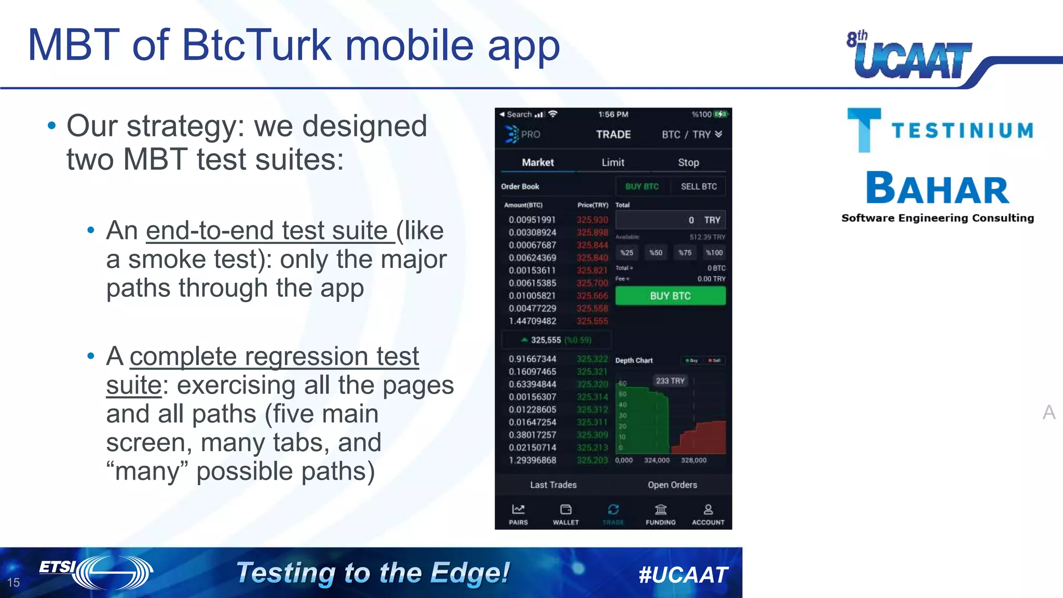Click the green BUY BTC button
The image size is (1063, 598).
click(670, 296)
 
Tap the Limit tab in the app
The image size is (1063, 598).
click(613, 162)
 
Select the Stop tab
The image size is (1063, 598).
click(688, 162)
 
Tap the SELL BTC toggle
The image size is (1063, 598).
click(699, 186)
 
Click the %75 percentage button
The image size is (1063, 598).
click(685, 253)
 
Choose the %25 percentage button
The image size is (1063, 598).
click(627, 253)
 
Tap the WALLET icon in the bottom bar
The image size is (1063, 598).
click(566, 514)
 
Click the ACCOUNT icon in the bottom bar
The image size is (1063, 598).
click(708, 514)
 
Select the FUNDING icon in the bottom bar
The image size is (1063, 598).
click(661, 514)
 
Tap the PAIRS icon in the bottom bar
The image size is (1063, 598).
click(518, 514)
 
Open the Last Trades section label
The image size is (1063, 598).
click(553, 485)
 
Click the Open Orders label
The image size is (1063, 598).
click(672, 485)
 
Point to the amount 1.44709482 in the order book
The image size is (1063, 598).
click(532, 321)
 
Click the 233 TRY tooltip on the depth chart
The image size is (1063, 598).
click(670, 381)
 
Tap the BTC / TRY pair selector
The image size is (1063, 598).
click(691, 134)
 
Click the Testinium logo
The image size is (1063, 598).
click(939, 130)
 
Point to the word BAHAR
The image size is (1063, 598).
click(937, 188)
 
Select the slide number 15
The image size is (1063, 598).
click(13, 582)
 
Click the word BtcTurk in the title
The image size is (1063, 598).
click(256, 46)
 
